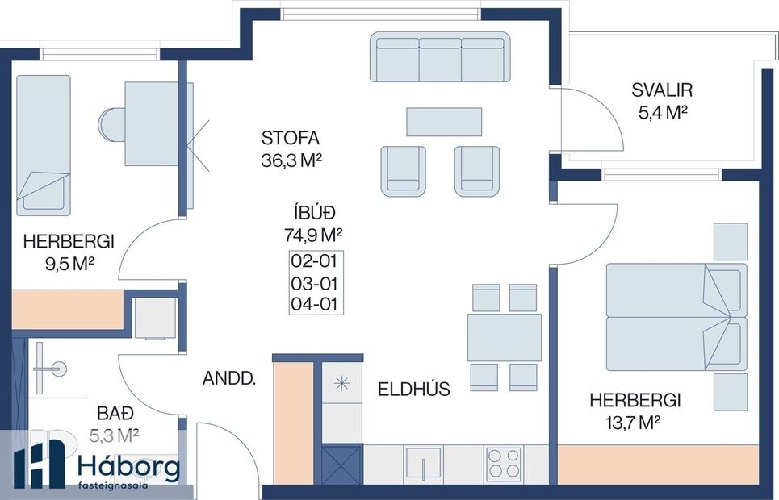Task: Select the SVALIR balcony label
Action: click(662, 90)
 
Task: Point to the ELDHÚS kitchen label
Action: click(414, 390)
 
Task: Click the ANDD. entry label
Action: click(228, 377)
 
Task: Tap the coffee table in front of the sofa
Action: click(444, 122)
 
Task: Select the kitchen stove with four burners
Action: click(504, 465)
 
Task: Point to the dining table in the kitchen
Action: click(504, 337)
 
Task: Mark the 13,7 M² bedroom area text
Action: click(635, 421)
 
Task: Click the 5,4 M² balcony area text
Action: click(662, 113)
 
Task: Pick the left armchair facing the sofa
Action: click(403, 170)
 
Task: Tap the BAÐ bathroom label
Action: click(112, 415)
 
